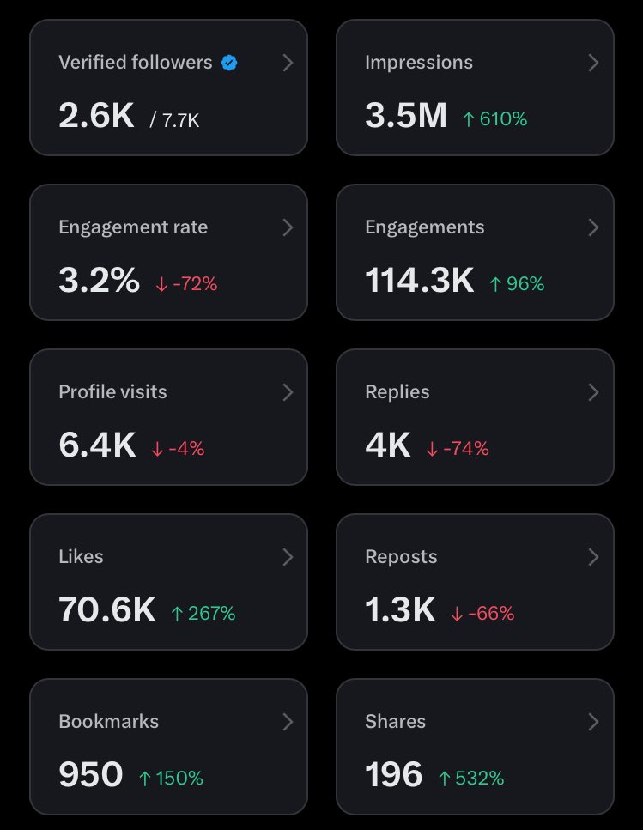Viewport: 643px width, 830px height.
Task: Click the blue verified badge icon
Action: coord(229,63)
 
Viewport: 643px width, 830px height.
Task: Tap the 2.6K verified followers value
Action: coord(96,116)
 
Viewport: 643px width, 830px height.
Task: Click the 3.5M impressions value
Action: coord(405,116)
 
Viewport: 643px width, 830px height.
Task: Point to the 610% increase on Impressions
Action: coord(494,119)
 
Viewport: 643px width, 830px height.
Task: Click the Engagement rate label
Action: coord(133,227)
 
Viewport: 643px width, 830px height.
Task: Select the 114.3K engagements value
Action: coord(419,281)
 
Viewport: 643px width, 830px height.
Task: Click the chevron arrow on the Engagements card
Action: coord(593,227)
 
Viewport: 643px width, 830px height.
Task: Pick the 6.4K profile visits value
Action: coord(97,445)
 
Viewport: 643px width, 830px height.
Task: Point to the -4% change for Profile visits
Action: coord(178,449)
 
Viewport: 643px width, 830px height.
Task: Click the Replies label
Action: coord(397,392)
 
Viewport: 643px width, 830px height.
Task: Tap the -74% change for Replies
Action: coord(458,449)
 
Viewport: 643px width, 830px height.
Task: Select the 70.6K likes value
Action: coord(107,610)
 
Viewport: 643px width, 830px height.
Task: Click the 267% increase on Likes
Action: coord(203,614)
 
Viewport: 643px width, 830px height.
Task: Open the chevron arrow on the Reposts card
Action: coord(593,557)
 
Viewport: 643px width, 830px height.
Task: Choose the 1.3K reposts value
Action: coord(400,610)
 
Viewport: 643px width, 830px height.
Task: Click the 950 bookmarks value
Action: coord(91,775)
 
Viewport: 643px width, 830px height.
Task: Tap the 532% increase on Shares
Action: coord(470,779)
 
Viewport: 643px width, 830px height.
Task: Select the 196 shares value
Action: coord(393,775)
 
